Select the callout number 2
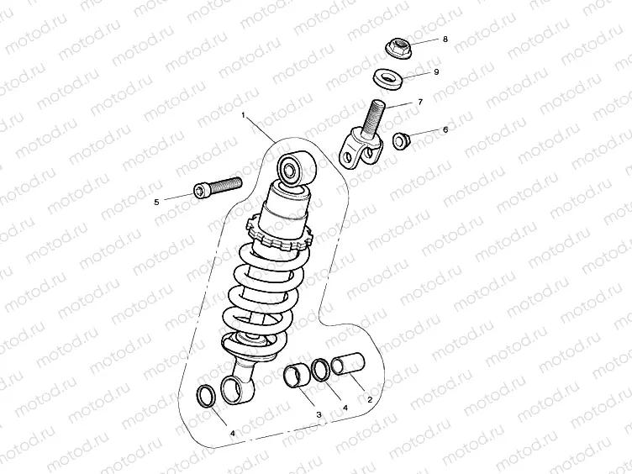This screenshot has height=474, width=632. click(x=369, y=401)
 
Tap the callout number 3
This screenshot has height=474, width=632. click(x=319, y=414)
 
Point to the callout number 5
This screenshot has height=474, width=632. click(x=155, y=201)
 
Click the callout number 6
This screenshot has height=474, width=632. click(x=445, y=129)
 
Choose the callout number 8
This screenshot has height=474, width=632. click(x=445, y=39)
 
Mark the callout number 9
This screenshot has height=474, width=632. click(x=437, y=71)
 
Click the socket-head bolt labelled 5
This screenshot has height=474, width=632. click(x=218, y=187)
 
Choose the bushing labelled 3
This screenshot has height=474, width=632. click(x=296, y=377)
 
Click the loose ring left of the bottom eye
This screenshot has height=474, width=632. click(x=204, y=394)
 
